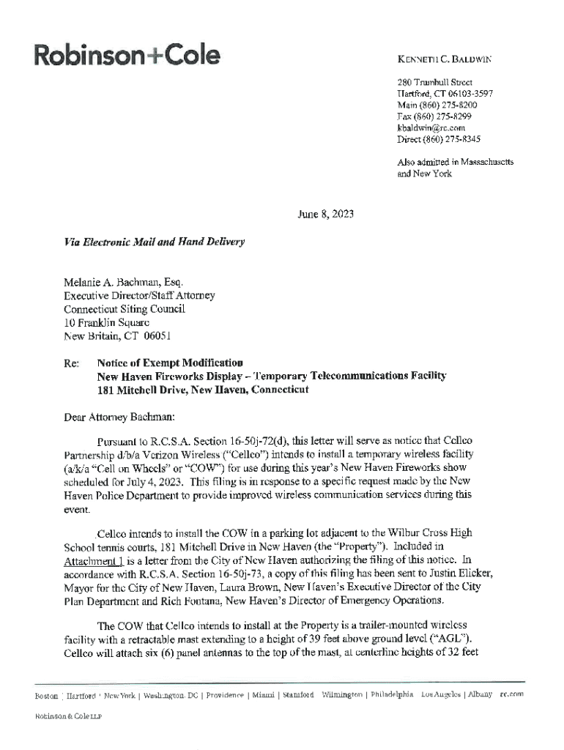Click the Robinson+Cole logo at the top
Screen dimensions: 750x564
click(x=125, y=54)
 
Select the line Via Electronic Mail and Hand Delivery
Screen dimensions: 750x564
click(x=153, y=241)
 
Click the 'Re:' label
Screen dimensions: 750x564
click(x=71, y=363)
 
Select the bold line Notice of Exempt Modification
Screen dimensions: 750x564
click(x=170, y=363)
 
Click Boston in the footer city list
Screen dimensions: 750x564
click(x=47, y=694)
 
